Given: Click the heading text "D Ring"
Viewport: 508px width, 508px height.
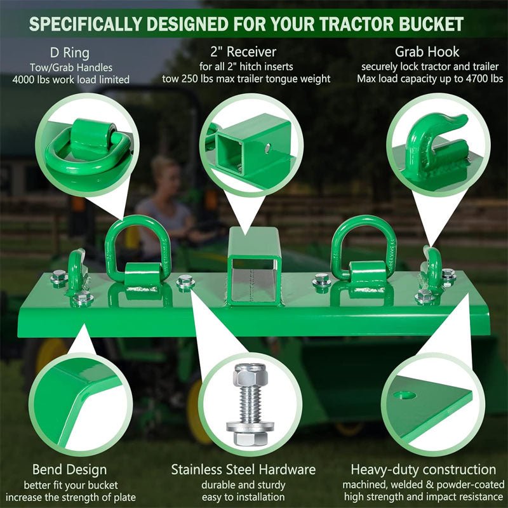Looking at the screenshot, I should pos(70,51).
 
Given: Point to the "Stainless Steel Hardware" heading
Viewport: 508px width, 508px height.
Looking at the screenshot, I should pos(243,470).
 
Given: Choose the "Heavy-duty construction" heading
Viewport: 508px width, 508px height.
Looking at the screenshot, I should pos(424,470).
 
